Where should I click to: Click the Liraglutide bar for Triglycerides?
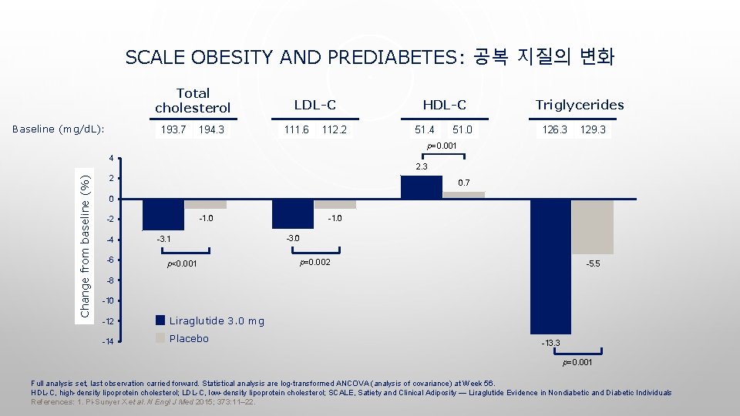pos(550,267)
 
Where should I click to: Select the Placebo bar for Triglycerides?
pos(592,227)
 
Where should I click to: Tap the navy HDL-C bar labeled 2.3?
pos(422,188)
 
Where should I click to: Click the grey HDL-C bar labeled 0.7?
pos(463,196)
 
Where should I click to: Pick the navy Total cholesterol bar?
pos(163,215)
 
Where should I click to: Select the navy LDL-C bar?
pos(293,214)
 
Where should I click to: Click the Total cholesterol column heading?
pos(193,99)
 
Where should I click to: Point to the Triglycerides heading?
pos(580,105)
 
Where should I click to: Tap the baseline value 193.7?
pos(172,129)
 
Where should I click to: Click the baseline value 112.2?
pos(334,129)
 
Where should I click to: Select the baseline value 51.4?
pos(424,129)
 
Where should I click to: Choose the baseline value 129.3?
pos(593,129)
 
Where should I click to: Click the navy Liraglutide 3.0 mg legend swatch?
pos(160,320)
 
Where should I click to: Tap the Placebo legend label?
pos(189,338)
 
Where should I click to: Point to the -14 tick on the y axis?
pos(109,341)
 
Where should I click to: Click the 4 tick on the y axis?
pos(111,159)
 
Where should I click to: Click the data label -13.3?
pos(551,343)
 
